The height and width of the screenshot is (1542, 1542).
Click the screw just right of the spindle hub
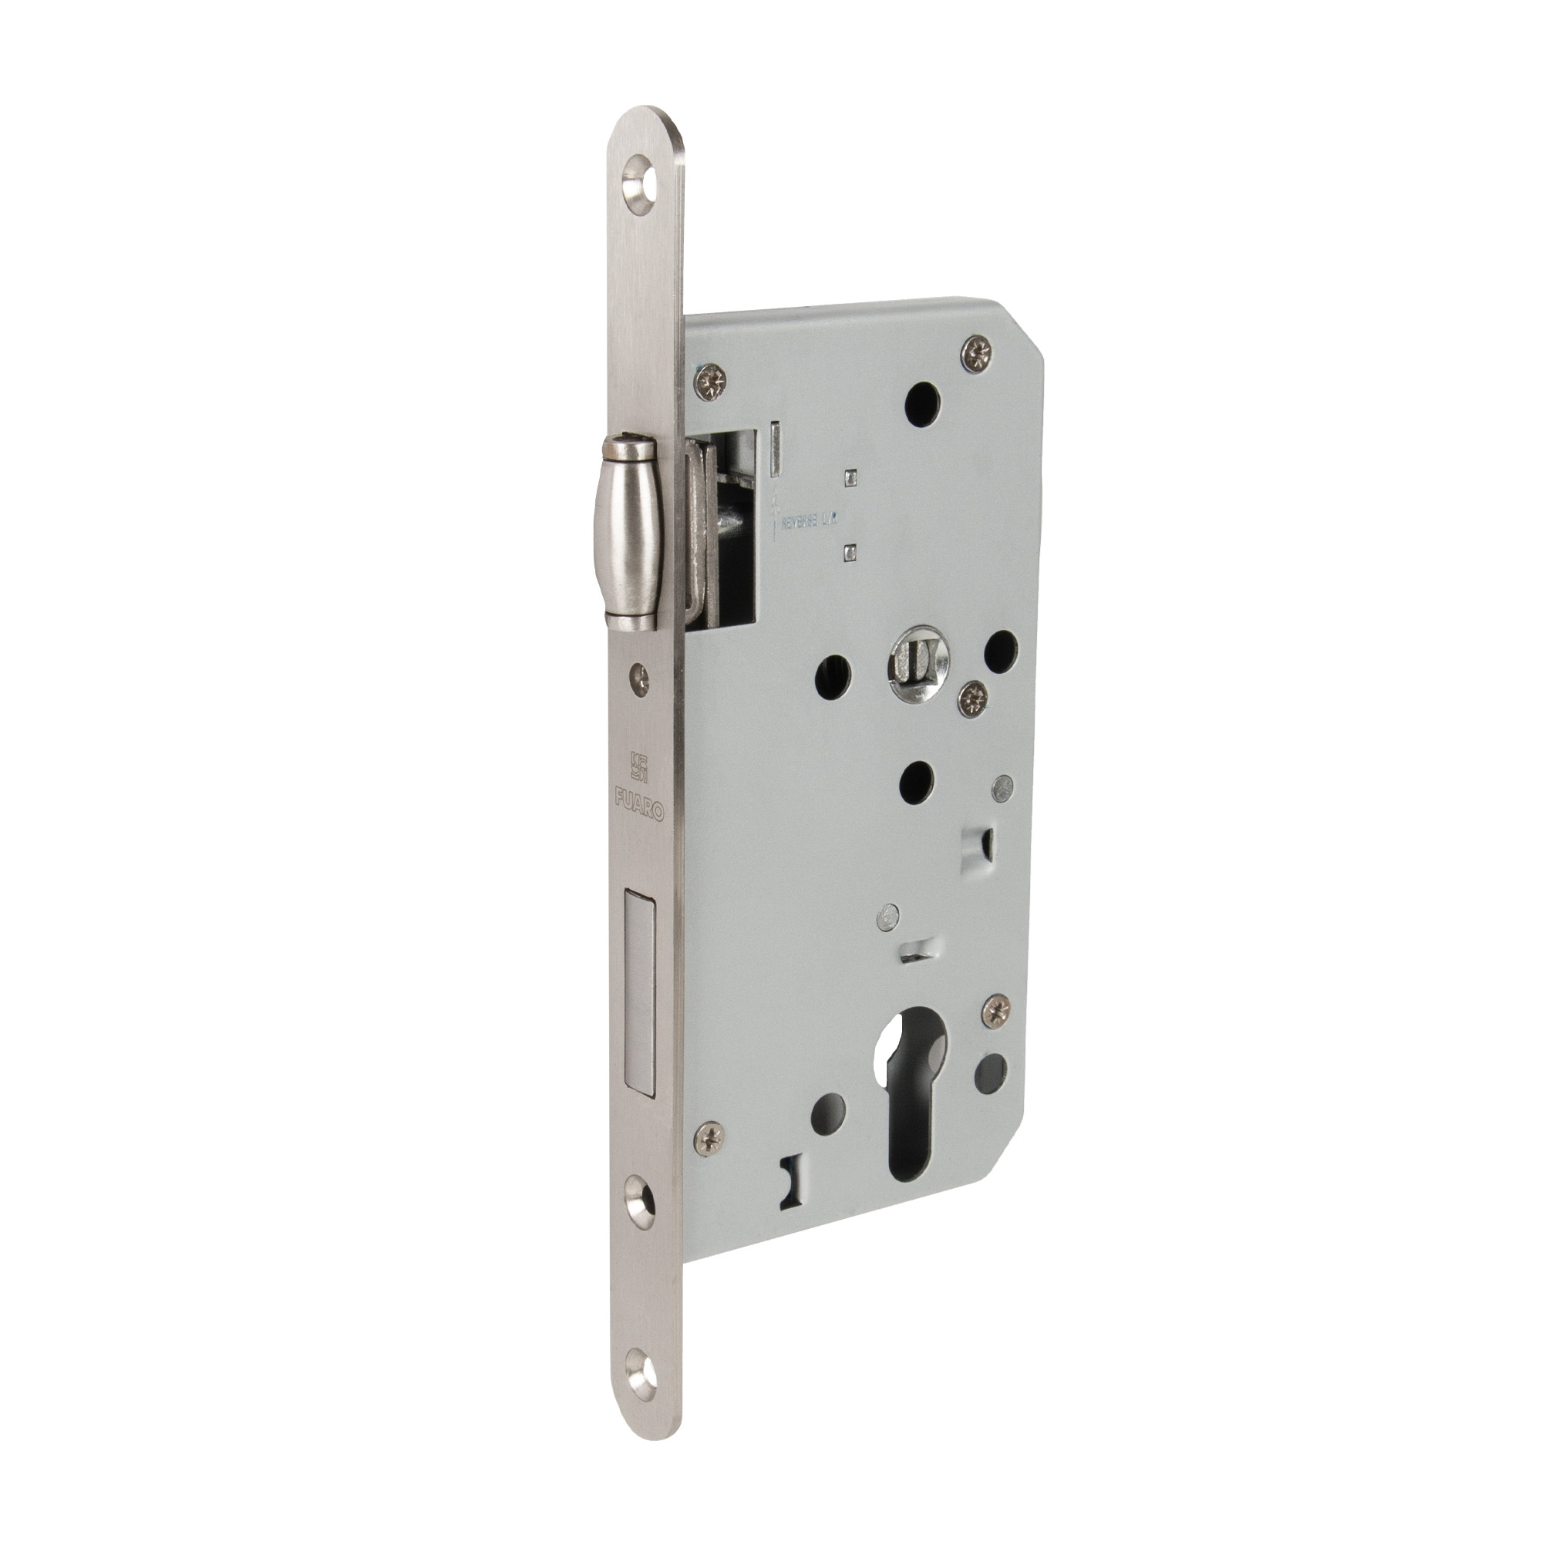972,696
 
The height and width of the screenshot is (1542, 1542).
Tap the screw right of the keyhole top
995,1012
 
